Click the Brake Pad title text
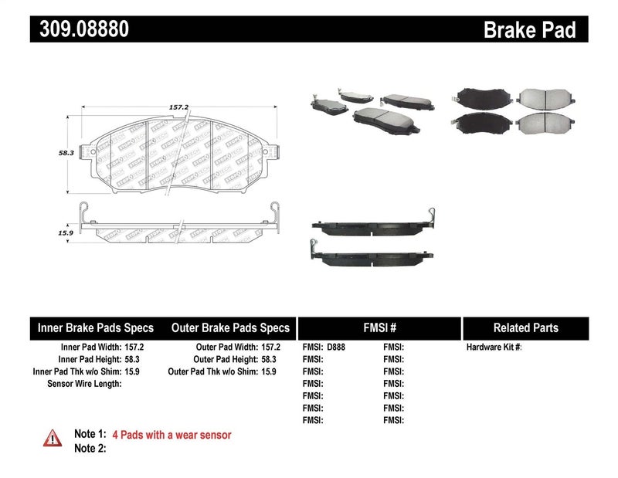click(529, 30)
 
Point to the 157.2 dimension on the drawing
click(180, 108)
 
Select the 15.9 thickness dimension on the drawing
click(66, 232)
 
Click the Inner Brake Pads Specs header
click(96, 328)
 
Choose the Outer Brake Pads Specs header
click(230, 328)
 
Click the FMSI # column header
click(379, 328)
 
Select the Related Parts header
click(526, 328)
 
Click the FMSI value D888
click(336, 347)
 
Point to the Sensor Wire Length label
click(84, 384)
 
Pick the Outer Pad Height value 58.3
click(269, 360)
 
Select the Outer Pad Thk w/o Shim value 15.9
click(269, 371)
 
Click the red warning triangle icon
click(52, 437)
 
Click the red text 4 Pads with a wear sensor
click(171, 436)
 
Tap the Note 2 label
click(89, 449)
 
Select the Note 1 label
click(89, 436)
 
